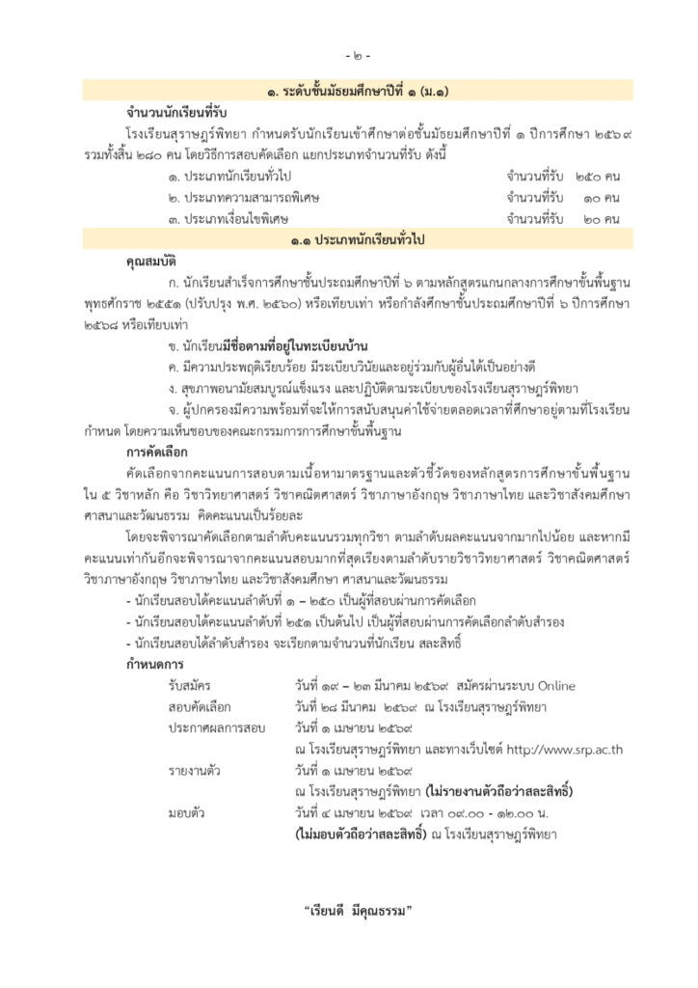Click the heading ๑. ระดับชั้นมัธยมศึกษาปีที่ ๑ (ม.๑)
pos(356,92)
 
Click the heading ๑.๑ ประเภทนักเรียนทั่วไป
pos(356,239)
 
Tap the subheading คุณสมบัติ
pos(152,261)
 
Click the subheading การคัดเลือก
pos(156,452)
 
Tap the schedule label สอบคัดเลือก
pos(200,707)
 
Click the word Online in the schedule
pos(555,686)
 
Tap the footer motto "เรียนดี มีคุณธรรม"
pos(358,910)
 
